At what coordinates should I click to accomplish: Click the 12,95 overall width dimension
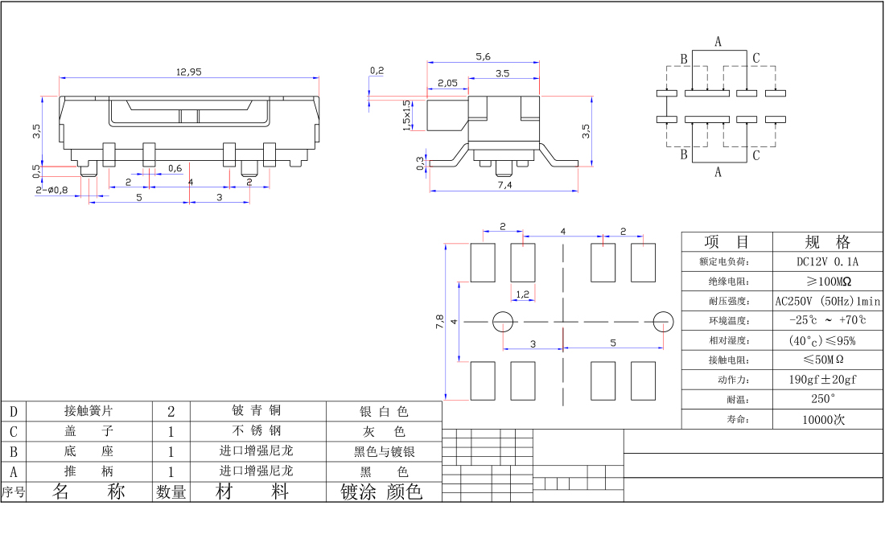click(189, 72)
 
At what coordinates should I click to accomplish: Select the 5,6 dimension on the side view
click(483, 56)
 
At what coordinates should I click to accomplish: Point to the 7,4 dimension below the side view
click(504, 185)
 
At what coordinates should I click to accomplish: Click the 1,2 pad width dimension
click(522, 294)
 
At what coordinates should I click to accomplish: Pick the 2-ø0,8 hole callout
click(51, 191)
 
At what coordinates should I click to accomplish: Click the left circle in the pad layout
click(503, 321)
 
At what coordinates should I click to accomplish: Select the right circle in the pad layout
click(663, 321)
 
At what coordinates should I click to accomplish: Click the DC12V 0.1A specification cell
click(827, 261)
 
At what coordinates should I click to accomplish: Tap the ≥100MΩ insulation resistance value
click(827, 282)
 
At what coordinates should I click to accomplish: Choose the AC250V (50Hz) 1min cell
click(827, 301)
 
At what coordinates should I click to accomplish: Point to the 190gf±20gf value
click(827, 380)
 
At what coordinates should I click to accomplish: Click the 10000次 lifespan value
click(827, 419)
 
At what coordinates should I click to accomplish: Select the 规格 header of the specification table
click(827, 241)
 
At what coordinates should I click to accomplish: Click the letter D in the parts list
click(13, 412)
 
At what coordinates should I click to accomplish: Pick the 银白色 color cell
click(384, 412)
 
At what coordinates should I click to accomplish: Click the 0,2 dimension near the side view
click(377, 71)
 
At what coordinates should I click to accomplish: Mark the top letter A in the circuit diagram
click(718, 41)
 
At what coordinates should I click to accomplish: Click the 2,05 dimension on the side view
click(447, 84)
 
